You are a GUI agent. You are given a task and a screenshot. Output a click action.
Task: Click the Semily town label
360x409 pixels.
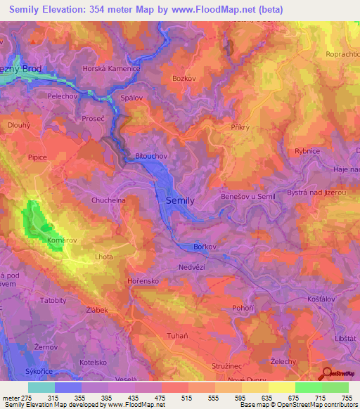179,200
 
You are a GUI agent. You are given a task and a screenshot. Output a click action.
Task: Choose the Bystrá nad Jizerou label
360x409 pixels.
316,192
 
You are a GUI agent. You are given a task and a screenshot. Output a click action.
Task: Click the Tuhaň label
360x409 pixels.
176,335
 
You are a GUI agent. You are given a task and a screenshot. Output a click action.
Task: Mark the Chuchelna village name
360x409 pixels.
108,200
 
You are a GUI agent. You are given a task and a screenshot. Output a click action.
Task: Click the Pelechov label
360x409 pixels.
61,94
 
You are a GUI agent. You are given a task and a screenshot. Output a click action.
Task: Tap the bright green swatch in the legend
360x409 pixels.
308,387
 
